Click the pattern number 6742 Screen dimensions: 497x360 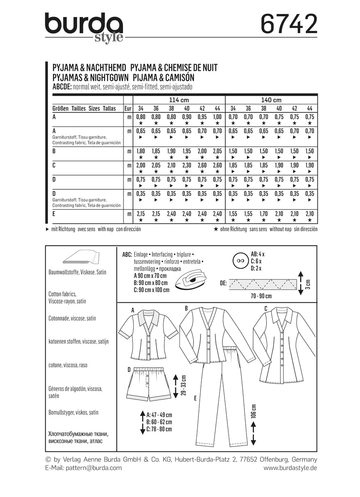(288, 24)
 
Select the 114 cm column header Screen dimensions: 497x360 (179, 100)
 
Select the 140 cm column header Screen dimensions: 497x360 (271, 100)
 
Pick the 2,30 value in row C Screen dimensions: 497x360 (187, 166)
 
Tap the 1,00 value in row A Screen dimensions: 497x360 (217, 117)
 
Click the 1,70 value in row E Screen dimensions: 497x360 (263, 214)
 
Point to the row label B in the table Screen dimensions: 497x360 (54, 152)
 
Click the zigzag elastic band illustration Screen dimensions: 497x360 (263, 284)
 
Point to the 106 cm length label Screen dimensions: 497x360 (254, 410)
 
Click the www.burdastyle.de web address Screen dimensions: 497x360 (290, 468)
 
